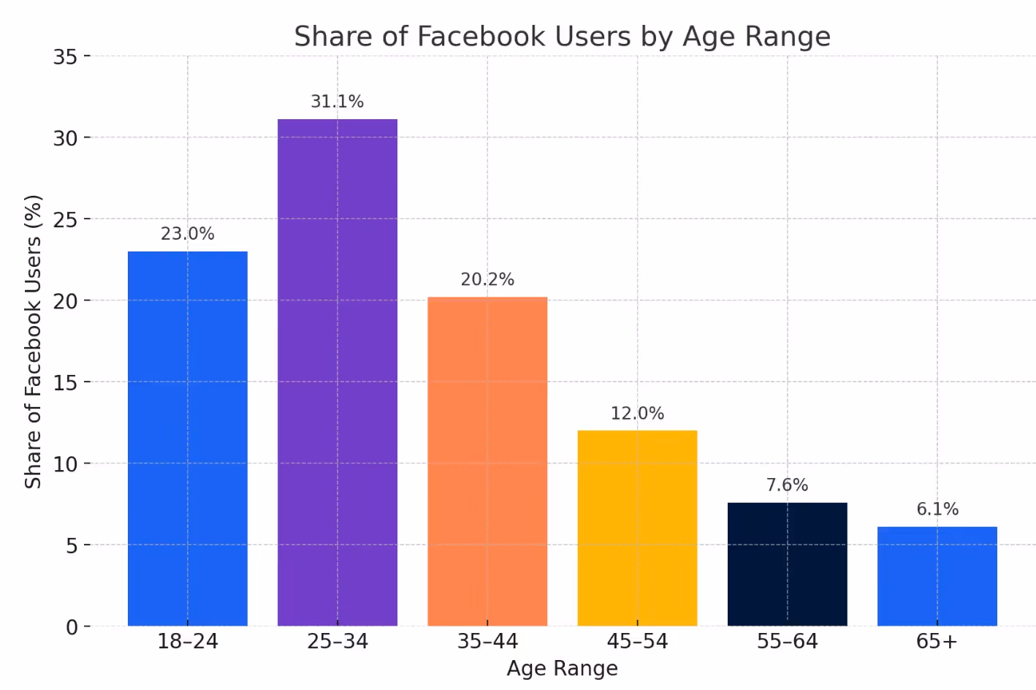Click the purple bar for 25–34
(x=338, y=373)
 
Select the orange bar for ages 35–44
(x=487, y=460)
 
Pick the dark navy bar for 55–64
(x=787, y=564)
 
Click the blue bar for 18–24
(x=188, y=439)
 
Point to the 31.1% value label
(x=338, y=102)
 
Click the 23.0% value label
(x=188, y=234)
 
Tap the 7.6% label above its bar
(x=787, y=485)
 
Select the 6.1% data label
(x=937, y=509)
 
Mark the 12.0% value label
(x=637, y=414)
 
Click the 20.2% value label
(x=487, y=280)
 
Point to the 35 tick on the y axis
(x=65, y=57)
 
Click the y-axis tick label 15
(x=65, y=383)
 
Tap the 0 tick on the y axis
(x=72, y=627)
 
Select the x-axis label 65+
(x=937, y=642)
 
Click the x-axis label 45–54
(x=637, y=642)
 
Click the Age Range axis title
(x=562, y=668)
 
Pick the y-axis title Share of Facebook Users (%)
(x=33, y=341)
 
